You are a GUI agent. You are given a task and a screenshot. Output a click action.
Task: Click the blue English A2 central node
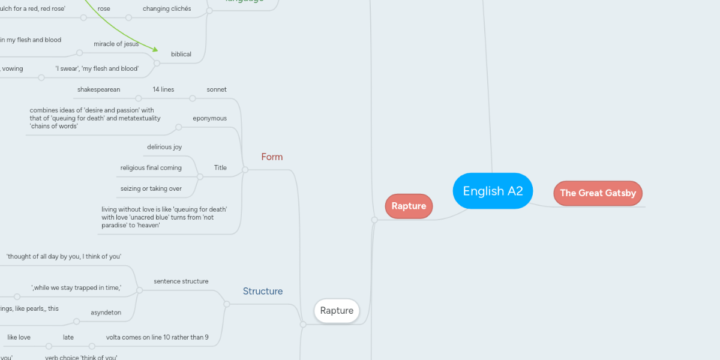[493, 191]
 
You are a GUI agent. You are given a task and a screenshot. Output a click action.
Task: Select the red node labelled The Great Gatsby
[598, 193]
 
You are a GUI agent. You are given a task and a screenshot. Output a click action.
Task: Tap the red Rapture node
[409, 206]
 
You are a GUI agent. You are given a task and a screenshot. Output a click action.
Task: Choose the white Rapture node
[337, 311]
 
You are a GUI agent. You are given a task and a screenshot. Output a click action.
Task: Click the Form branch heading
[272, 157]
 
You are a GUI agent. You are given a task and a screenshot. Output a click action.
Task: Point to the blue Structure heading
[263, 291]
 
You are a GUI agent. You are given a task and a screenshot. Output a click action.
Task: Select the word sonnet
[217, 89]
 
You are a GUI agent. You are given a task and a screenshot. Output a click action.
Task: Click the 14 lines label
[163, 89]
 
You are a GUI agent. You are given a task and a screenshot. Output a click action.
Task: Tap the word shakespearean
[98, 89]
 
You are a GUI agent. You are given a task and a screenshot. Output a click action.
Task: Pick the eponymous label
[209, 118]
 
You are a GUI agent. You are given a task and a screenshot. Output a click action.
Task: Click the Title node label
[220, 167]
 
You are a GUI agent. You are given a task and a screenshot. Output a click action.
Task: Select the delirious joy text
[164, 147]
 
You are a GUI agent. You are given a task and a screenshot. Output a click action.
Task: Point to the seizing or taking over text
[151, 188]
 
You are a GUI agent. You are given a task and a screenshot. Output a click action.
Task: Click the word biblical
[181, 54]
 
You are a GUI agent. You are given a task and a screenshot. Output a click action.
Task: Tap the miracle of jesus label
[116, 44]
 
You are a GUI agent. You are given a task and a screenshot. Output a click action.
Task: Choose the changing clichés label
[167, 9]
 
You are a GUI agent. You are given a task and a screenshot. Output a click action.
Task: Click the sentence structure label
[181, 281]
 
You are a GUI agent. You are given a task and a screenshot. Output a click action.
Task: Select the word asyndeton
[106, 312]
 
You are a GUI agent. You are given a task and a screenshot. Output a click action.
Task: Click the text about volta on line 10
[157, 337]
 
